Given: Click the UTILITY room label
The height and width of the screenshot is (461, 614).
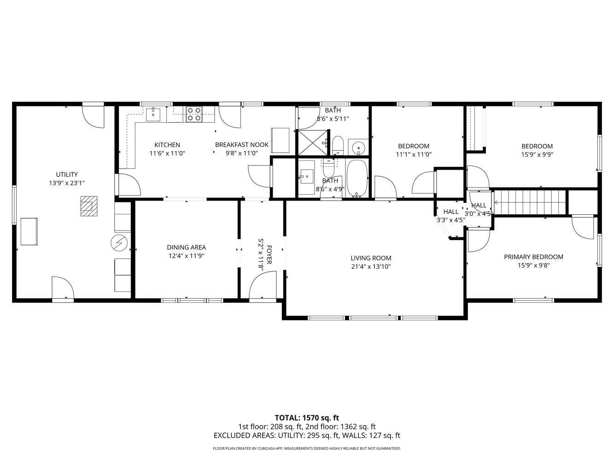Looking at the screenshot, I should [67, 175].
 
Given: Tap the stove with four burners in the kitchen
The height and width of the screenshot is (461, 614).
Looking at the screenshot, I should [194, 114].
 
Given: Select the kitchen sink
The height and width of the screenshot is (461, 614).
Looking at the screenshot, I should [153, 114].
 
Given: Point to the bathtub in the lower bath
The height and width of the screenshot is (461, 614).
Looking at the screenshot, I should [357, 178].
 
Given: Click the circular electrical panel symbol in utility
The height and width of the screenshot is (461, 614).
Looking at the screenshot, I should [119, 242].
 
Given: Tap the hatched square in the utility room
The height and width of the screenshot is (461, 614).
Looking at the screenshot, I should [89, 206].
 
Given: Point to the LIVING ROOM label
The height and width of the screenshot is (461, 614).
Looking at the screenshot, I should [371, 258].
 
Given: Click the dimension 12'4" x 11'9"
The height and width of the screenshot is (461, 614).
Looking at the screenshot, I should [186, 255].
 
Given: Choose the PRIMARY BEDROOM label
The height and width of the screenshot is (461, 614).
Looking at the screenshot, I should [533, 257].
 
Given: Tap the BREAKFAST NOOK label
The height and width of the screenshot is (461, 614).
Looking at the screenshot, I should [241, 145].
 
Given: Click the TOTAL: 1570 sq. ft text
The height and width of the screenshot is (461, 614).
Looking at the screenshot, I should [307, 418].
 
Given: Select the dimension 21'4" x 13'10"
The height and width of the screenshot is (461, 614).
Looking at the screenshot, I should [371, 266].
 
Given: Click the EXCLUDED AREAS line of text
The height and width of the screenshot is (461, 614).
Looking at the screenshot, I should [307, 435].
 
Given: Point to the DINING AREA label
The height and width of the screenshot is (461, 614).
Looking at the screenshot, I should [186, 248].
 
